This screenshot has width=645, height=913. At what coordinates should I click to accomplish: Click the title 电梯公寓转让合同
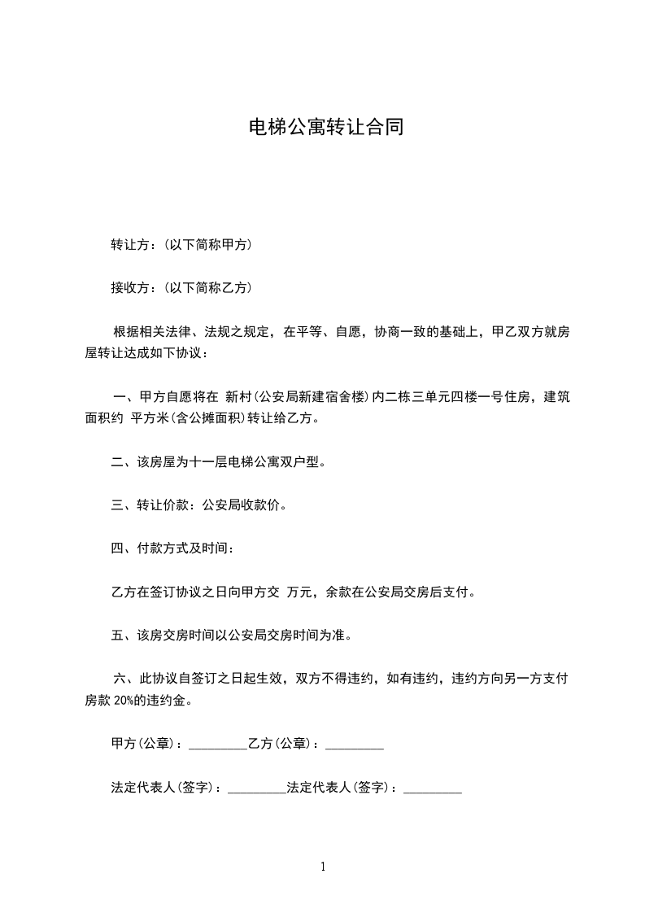325,128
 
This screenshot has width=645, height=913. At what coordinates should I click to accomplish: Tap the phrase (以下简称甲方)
207,244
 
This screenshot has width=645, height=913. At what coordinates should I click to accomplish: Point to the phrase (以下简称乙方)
207,287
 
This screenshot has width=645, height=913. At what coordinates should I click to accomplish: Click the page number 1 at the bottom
323,867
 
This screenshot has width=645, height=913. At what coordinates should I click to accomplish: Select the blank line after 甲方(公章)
217,744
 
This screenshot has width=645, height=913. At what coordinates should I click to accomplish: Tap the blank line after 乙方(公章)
354,744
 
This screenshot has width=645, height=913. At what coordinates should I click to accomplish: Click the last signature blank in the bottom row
433,787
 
